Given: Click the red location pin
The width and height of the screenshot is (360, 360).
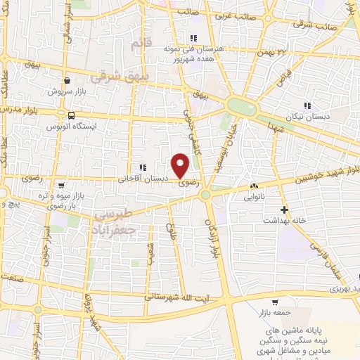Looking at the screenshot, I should [x=181, y=165].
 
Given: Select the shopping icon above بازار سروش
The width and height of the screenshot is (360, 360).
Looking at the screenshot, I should [x=66, y=80].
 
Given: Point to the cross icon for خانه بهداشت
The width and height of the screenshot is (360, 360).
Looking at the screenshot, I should [x=284, y=210].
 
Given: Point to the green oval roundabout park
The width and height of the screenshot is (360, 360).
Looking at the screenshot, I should [x=242, y=108].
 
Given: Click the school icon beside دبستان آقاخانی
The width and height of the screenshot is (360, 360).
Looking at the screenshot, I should [x=143, y=167].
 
